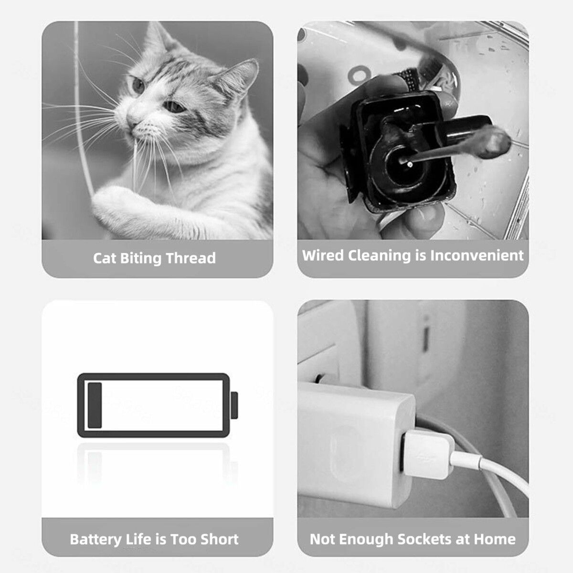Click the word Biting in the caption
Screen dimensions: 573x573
click(140, 258)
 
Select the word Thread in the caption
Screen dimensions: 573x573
click(191, 258)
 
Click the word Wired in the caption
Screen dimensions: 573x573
click(323, 255)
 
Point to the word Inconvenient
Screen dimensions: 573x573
click(477, 255)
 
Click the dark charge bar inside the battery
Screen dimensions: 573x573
click(95, 405)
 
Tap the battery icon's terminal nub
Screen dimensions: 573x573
click(234, 405)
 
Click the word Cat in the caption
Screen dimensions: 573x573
click(105, 258)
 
